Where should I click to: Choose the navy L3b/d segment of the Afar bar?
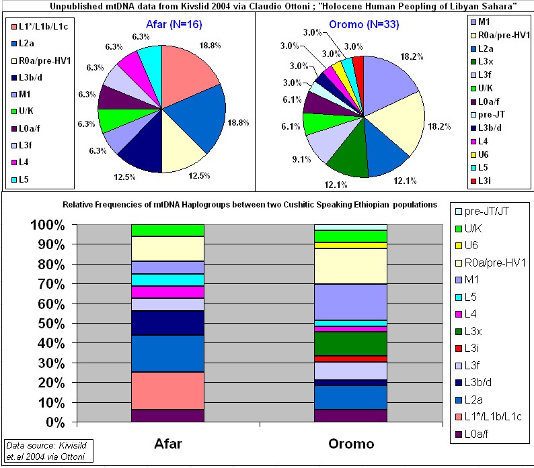pyautogui.click(x=167, y=323)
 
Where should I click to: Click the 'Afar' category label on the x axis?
pyautogui.click(x=167, y=444)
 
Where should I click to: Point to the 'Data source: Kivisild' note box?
pyautogui.click(x=47, y=451)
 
